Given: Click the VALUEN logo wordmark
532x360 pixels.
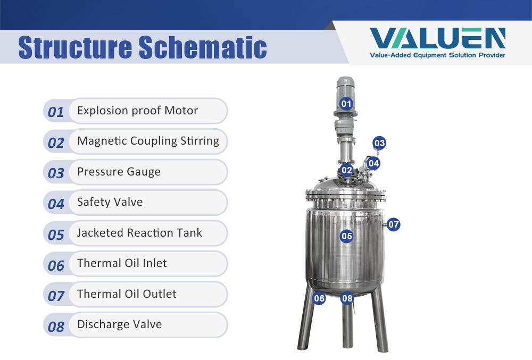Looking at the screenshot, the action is (x=437, y=38).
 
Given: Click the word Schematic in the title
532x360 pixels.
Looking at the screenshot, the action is (x=203, y=47).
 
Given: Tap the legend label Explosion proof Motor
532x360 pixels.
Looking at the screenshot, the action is (x=137, y=111).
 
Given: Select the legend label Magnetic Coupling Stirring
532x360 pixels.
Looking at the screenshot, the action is (x=148, y=141).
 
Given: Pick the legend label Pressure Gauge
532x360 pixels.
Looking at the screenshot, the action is (x=119, y=172).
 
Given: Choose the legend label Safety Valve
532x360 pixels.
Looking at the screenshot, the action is (x=110, y=202).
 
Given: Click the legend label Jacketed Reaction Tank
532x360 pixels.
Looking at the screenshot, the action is (x=139, y=232).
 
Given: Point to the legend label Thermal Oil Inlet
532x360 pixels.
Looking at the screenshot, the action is (x=122, y=263).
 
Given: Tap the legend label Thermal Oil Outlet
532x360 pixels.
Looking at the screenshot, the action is (x=127, y=294).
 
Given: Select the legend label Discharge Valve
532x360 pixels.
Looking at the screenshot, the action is (x=119, y=324).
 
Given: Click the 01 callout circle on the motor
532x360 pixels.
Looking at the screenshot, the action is (x=346, y=104).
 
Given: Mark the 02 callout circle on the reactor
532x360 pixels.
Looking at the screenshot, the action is (x=346, y=170).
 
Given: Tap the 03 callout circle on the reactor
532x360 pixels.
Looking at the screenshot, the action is (x=379, y=143).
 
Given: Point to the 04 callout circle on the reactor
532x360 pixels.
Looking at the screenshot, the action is (x=373, y=163).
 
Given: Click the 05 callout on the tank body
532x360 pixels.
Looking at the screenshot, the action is (x=346, y=236).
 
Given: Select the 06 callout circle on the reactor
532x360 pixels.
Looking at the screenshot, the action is (x=319, y=298).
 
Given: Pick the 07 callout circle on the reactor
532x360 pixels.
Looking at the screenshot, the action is (x=393, y=224).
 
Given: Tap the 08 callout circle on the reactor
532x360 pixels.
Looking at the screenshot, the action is (x=347, y=298).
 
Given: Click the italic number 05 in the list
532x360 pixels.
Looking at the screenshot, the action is (x=56, y=235).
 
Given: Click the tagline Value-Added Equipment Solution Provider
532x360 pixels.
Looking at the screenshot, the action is (x=437, y=55).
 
